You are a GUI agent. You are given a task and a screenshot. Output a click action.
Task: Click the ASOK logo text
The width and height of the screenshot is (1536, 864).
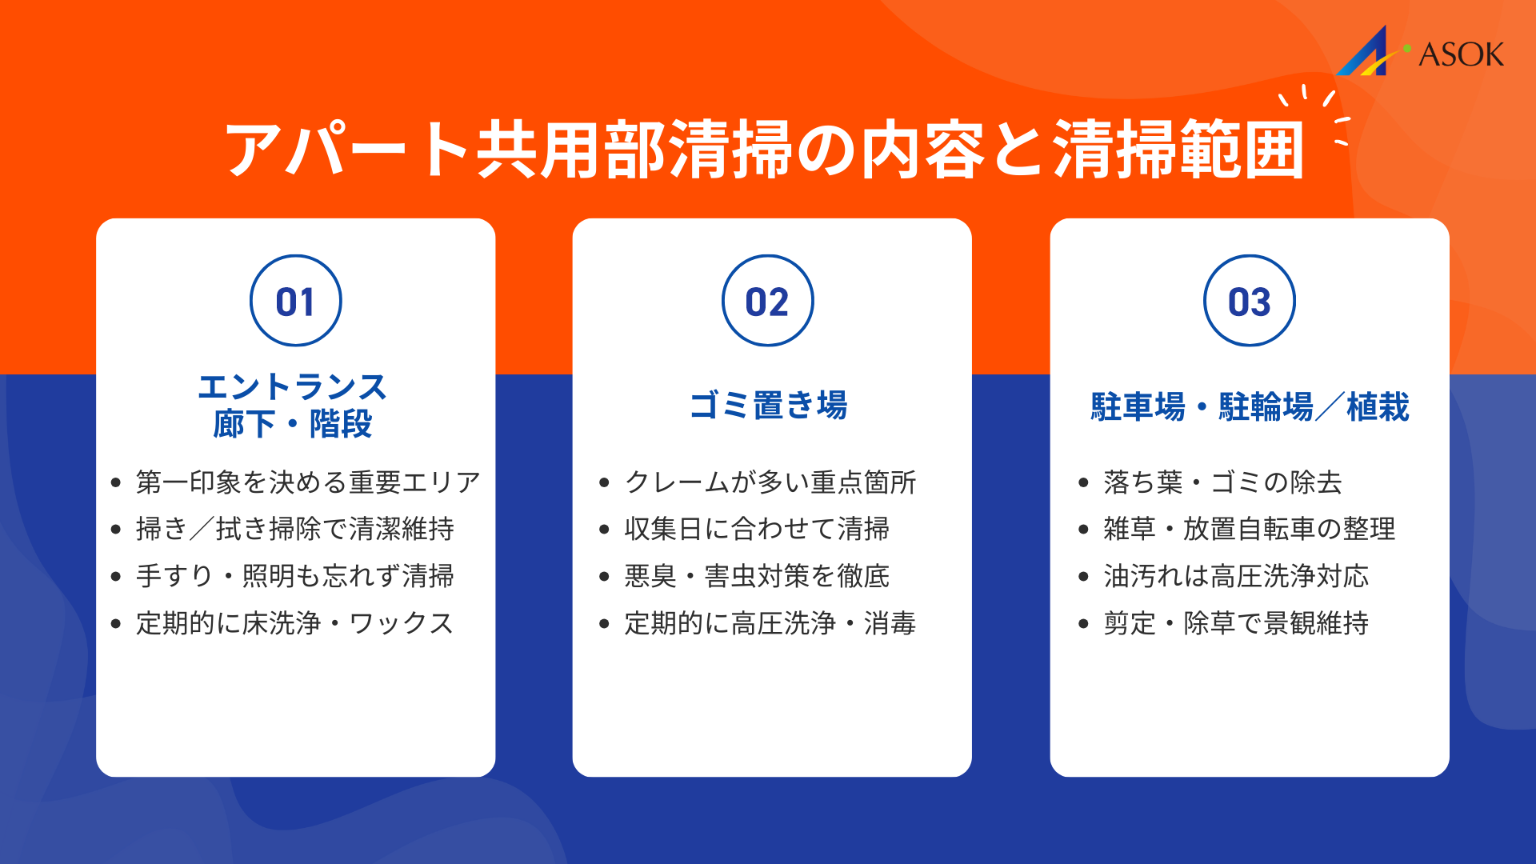[x=1460, y=54]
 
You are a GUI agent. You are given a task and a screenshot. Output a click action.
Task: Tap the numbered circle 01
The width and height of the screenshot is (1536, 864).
[x=295, y=301]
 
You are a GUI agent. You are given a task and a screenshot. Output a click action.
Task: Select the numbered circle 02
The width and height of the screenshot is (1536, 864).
[x=767, y=301]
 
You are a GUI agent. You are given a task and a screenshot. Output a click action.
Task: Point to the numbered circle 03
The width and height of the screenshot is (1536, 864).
[x=1249, y=301]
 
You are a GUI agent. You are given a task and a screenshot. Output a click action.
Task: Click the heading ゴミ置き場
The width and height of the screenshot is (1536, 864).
[x=768, y=405]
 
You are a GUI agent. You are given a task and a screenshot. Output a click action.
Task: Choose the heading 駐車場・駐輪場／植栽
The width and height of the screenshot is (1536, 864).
[x=1249, y=406]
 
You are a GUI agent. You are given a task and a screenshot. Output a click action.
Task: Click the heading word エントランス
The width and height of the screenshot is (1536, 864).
[x=292, y=387]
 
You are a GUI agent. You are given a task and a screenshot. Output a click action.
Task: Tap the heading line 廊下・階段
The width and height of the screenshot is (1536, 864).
[x=292, y=424]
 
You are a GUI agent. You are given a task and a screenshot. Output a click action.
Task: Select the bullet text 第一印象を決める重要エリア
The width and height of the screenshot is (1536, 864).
[x=308, y=482]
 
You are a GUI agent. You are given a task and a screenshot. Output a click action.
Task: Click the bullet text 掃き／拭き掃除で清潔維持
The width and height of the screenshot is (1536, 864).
[x=295, y=529]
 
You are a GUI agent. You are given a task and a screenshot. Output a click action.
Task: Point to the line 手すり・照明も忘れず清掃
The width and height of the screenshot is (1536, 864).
[x=295, y=576]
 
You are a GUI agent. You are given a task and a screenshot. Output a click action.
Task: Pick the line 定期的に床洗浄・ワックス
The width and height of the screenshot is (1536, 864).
[x=295, y=623]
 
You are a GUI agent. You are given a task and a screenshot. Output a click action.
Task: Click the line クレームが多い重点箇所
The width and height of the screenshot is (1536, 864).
[x=770, y=482]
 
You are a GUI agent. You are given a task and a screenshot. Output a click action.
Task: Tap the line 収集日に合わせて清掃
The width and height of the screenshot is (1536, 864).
[x=757, y=529]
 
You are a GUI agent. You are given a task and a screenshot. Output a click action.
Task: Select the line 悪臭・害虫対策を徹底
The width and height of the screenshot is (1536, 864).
[x=757, y=576]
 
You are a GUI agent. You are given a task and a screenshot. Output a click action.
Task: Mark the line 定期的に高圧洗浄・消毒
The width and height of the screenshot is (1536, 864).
[x=770, y=623]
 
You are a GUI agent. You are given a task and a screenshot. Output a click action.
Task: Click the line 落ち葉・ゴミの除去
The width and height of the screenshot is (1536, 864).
[x=1222, y=482]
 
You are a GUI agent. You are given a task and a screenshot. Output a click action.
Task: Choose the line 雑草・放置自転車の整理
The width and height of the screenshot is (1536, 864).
[x=1249, y=529]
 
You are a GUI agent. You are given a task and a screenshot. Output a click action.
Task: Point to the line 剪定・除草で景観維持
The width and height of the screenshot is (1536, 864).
[x=1236, y=623]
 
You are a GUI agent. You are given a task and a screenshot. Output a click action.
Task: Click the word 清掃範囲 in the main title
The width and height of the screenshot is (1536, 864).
[x=1178, y=150]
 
